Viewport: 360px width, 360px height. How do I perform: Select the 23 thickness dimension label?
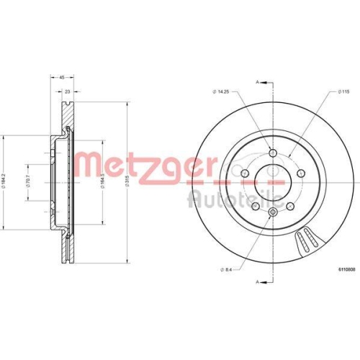coord(67,92)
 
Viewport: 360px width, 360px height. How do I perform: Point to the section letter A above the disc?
coord(257,84)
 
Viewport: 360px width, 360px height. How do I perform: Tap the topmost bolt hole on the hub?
coord(273,151)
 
